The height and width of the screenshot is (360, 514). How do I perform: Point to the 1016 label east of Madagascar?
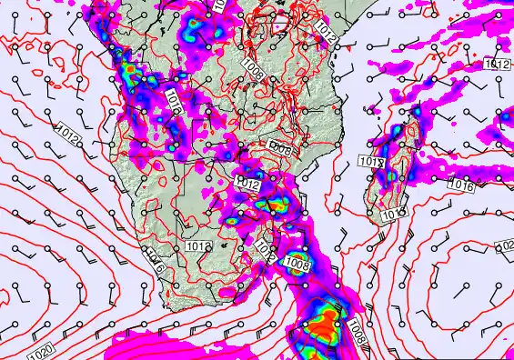click(462, 185)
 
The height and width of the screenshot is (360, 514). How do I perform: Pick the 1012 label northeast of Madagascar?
click(497, 65)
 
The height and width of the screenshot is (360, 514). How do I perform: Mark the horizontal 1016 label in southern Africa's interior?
click(197, 245)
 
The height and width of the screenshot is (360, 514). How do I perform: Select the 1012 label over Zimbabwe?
click(248, 185)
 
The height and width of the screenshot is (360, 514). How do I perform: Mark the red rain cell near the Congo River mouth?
click(129, 69)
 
